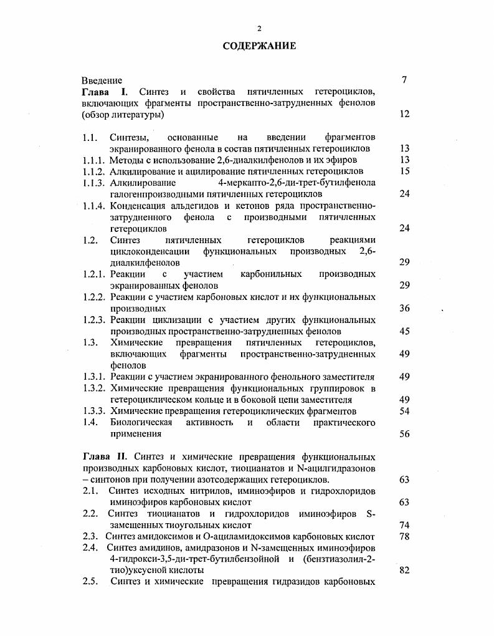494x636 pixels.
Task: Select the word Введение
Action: [x=102, y=80]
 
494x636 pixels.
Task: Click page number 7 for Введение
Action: [x=404, y=80]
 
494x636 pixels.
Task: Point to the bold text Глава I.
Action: [x=104, y=92]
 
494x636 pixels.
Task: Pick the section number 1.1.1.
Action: [x=94, y=160]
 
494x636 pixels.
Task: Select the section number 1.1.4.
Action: [x=94, y=206]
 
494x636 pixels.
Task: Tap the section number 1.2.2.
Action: [x=94, y=297]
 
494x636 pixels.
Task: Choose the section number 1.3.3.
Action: [x=94, y=411]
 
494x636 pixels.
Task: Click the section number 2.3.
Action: [x=90, y=536]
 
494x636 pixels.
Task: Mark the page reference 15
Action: [x=404, y=171]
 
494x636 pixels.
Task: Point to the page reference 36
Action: [x=404, y=308]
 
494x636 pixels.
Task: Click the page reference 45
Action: [x=404, y=331]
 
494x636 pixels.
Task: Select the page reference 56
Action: [x=404, y=434]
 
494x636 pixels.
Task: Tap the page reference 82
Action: [x=404, y=571]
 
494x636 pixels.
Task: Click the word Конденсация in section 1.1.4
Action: [x=138, y=206]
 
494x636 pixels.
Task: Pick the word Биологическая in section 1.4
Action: [x=145, y=423]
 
